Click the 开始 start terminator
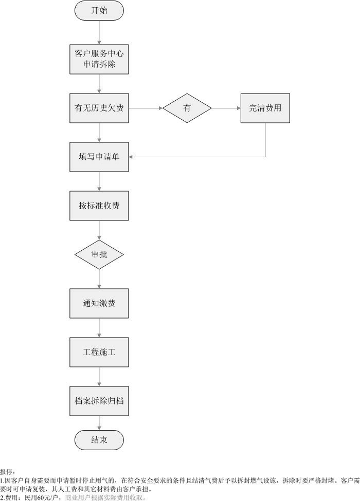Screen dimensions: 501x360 (99, 11)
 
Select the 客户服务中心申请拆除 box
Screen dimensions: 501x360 (99, 59)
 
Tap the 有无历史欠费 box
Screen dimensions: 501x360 (99, 108)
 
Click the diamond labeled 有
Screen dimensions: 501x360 (187, 108)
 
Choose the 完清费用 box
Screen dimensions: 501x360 (265, 108)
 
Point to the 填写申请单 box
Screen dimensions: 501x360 (99, 157)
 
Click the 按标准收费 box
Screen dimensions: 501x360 (99, 206)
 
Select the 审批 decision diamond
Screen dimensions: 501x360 (99, 254)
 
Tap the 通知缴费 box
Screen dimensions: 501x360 (99, 303)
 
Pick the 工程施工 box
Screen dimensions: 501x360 (99, 352)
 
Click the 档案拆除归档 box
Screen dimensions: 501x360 (99, 401)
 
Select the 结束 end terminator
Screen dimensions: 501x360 (99, 439)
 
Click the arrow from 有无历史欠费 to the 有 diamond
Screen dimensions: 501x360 (146, 108)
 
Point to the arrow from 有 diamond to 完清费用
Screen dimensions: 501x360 (226, 108)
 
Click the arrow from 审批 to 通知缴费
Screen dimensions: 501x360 (99, 279)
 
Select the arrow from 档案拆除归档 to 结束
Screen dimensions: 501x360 (99, 423)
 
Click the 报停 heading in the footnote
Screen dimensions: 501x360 (8, 471)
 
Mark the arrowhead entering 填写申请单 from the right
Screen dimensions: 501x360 (132, 157)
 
